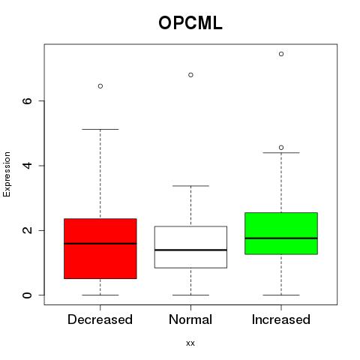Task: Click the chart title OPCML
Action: [x=190, y=23]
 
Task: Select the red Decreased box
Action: [x=100, y=248]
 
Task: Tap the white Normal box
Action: [x=190, y=247]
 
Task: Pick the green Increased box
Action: [x=281, y=233]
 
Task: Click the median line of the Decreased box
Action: [x=100, y=244]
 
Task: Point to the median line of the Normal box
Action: [x=190, y=250]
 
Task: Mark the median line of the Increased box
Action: [x=281, y=238]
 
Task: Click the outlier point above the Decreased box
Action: [x=100, y=86]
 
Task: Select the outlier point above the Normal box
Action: [x=190, y=75]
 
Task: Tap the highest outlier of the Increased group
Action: [x=281, y=54]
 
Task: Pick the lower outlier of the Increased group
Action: [x=281, y=148]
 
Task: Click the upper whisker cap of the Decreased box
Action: [x=100, y=129]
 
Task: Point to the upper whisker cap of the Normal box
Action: [x=190, y=186]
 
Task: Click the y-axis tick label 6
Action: [x=27, y=100]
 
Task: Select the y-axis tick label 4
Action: [x=27, y=166]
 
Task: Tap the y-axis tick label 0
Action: [x=27, y=295]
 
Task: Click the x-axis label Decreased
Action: [x=100, y=319]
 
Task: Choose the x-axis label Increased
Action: [x=281, y=319]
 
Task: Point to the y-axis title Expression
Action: [x=7, y=174]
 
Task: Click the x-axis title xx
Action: [x=190, y=343]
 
